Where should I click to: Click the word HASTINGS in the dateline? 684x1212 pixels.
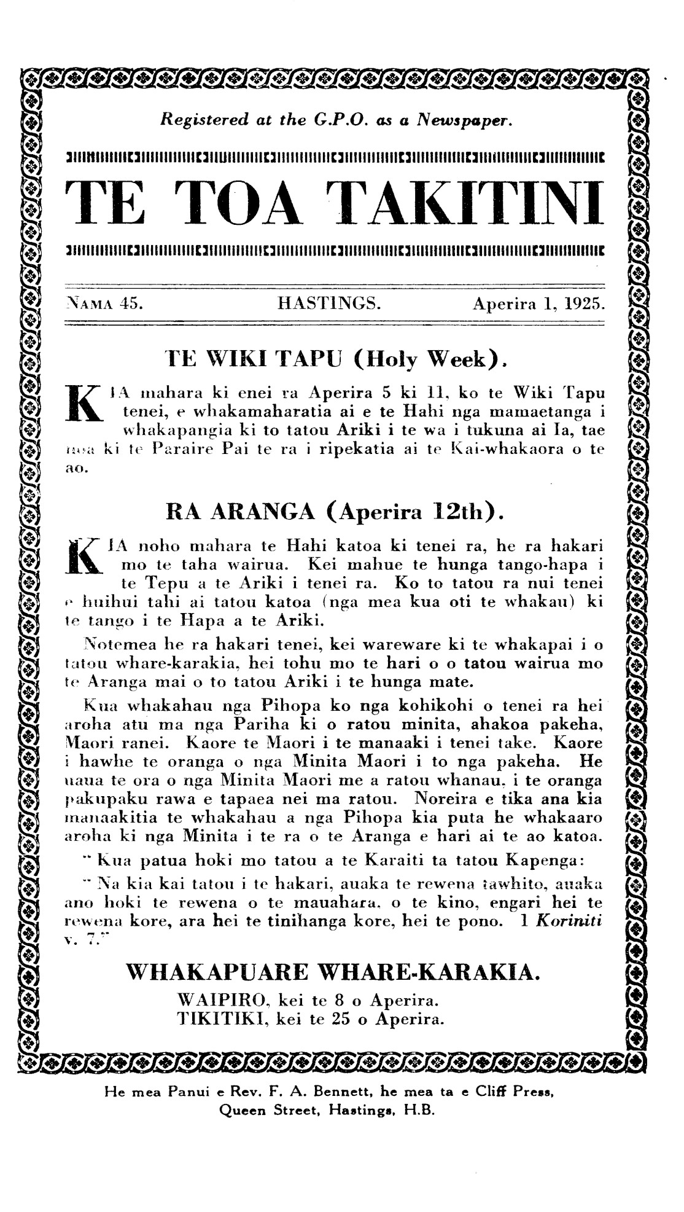[329, 303]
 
